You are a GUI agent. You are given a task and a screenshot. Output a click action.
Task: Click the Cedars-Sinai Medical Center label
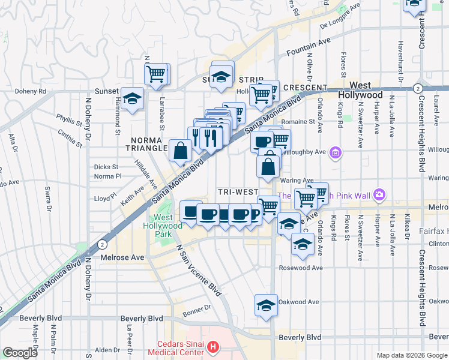pos(181,347)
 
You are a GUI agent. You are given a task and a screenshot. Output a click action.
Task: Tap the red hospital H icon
pos(214,347)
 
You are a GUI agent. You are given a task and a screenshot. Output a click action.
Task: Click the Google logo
pos(20,353)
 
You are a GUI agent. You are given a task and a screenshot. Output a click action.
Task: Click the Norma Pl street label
pos(108,176)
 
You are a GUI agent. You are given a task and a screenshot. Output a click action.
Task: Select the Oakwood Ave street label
pos(301,302)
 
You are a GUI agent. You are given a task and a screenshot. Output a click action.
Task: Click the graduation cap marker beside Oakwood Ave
pos(266,305)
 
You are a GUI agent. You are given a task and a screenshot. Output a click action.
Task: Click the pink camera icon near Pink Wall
pos(379,194)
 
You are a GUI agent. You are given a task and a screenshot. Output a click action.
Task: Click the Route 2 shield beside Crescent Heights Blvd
pos(417,88)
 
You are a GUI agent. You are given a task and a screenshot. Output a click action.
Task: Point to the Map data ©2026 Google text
pos(411,355)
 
